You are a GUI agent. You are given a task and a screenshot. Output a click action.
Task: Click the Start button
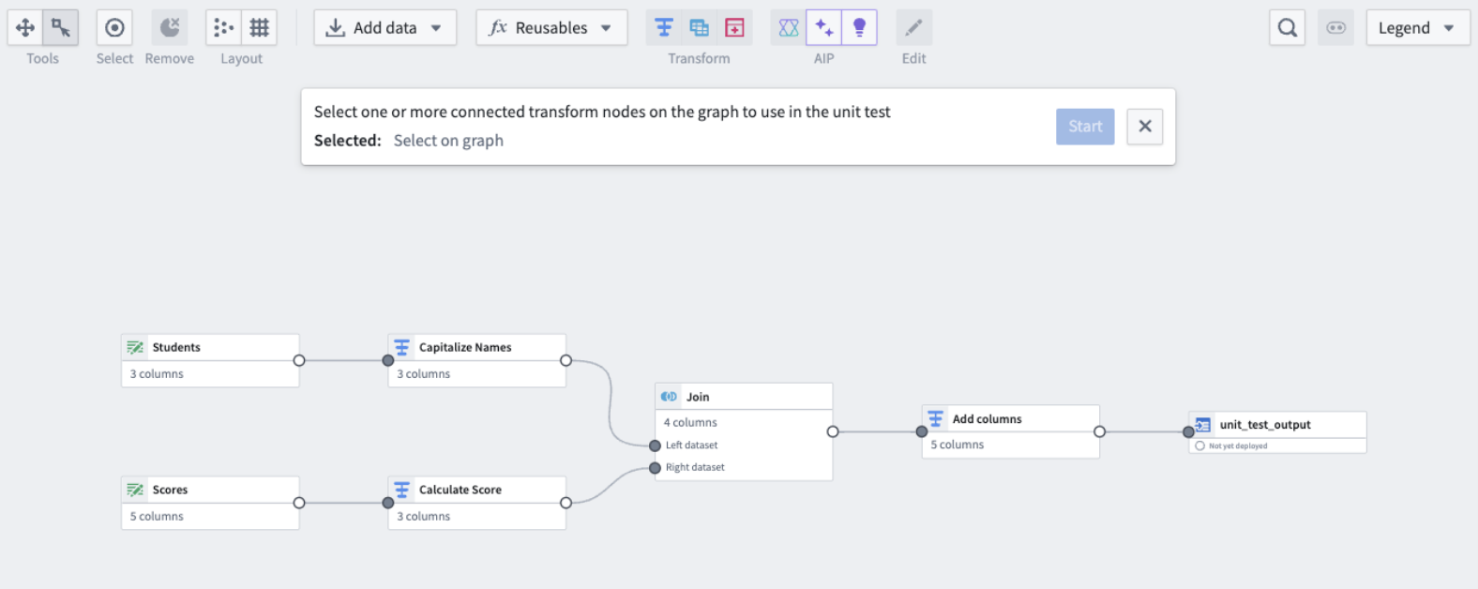[x=1085, y=126]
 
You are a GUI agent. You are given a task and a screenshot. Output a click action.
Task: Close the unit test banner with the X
[x=1145, y=126]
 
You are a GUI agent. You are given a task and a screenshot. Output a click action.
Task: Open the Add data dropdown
[x=385, y=28]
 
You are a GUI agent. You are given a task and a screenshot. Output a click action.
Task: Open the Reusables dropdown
[x=550, y=28]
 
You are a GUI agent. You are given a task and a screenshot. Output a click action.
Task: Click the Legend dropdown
[x=1417, y=28]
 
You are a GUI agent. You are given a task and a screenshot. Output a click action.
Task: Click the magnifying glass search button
[x=1287, y=28]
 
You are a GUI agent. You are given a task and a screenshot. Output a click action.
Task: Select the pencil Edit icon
[x=913, y=28]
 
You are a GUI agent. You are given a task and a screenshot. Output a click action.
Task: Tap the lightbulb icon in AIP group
[x=859, y=28]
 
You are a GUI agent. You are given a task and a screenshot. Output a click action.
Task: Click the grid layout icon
[x=259, y=28]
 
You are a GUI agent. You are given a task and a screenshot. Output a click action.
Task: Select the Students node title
[x=176, y=347]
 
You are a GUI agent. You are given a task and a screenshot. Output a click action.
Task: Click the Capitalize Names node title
[x=465, y=347]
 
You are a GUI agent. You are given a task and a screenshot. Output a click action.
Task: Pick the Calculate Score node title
[x=460, y=490]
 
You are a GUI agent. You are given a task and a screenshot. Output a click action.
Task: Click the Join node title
[x=698, y=397]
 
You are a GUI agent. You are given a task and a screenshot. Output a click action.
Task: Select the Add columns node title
[x=988, y=419]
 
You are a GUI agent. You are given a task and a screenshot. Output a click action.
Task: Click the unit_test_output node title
[x=1265, y=424]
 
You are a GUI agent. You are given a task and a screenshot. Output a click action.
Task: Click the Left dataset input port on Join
[x=655, y=446]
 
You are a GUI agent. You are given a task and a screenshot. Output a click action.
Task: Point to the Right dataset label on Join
[x=695, y=467]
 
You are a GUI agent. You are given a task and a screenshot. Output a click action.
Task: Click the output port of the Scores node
[x=299, y=503]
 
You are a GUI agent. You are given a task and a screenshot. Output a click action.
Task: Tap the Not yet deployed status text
[x=1238, y=446]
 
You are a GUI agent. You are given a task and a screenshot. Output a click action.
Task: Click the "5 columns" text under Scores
[x=157, y=516]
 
